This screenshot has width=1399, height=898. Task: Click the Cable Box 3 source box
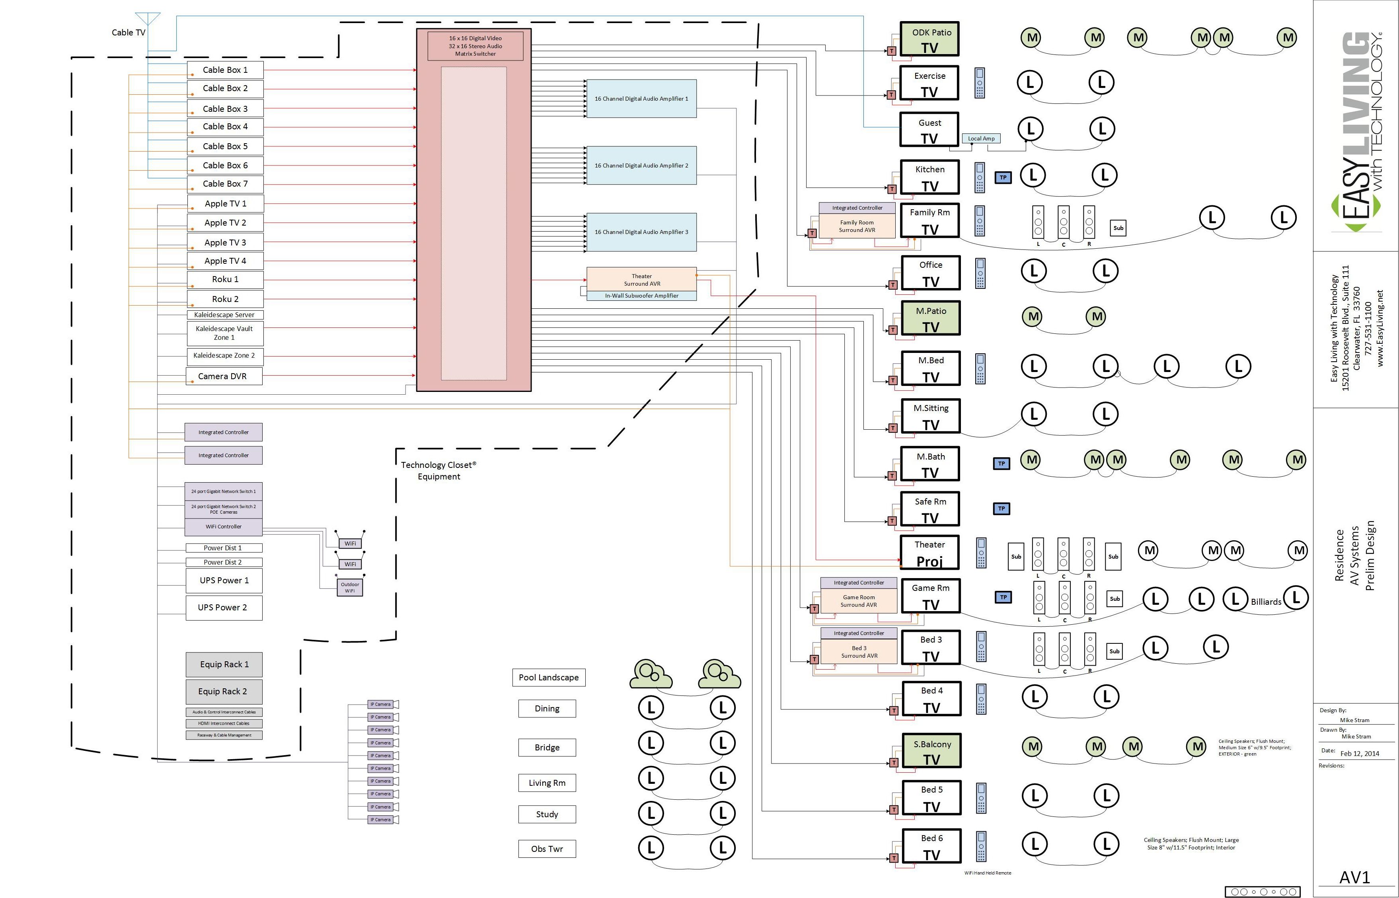point(225,109)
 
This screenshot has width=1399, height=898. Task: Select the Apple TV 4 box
point(225,261)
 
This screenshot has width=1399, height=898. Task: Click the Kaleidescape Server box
point(224,315)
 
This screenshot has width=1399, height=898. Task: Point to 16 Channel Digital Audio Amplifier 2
point(641,166)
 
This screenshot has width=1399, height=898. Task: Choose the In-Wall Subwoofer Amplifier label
point(641,296)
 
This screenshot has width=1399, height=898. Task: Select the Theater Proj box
point(929,552)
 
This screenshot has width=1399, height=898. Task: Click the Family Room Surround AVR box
point(857,226)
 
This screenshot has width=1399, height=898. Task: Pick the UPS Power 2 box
point(224,608)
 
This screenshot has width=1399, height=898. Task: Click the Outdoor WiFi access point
point(350,587)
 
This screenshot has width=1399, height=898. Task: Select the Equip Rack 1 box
point(224,664)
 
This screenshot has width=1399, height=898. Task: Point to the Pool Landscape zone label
point(548,678)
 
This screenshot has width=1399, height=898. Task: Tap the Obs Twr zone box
point(547,848)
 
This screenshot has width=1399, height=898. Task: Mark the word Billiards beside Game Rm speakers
point(1265,602)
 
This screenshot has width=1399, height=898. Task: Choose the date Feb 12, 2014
point(1359,754)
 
